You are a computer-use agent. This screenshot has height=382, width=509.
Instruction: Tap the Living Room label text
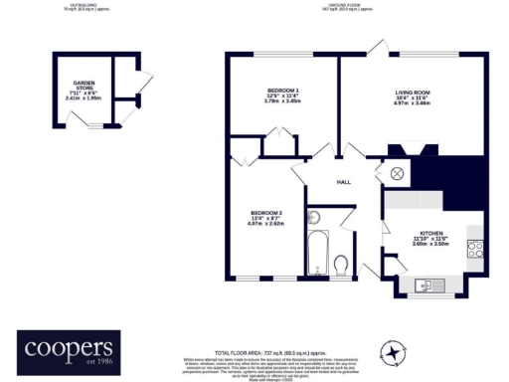412,93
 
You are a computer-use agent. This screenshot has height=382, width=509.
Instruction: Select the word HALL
344,182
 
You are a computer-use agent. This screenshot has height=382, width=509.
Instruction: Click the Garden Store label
83,87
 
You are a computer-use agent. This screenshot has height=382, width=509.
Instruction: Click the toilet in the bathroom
341,264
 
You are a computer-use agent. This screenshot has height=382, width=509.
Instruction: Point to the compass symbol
396,353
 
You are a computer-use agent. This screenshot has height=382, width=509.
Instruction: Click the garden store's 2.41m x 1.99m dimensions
83,98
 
